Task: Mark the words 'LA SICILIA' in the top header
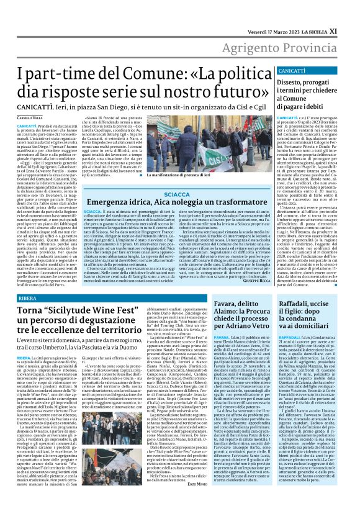click(x=323, y=12)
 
